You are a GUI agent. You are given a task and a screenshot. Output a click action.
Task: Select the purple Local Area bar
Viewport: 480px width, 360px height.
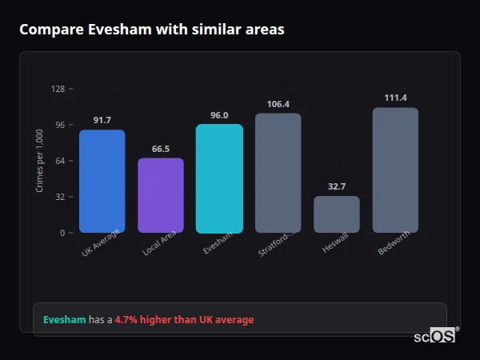click(x=161, y=195)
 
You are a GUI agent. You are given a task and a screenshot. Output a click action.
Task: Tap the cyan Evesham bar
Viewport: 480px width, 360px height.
click(x=219, y=178)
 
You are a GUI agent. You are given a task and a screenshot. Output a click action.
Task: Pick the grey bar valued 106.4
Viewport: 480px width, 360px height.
click(x=278, y=173)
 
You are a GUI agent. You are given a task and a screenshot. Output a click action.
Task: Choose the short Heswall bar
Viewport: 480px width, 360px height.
click(x=337, y=214)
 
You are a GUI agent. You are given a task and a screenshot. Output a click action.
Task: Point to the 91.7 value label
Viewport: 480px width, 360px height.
click(x=102, y=120)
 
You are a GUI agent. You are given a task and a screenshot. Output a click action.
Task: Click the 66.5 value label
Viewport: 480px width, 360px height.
click(x=161, y=149)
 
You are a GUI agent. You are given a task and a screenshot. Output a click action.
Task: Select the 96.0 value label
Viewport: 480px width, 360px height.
click(x=219, y=115)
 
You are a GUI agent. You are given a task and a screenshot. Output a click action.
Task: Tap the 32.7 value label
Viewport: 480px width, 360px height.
click(x=337, y=186)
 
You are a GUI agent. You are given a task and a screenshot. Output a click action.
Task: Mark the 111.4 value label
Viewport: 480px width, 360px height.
click(x=395, y=98)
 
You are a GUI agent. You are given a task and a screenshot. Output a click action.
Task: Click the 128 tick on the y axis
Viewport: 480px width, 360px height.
click(x=58, y=89)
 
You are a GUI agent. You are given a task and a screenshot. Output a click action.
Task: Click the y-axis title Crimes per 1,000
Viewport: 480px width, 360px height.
click(x=40, y=160)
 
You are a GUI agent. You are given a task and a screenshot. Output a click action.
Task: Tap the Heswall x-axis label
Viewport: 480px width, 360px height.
click(x=335, y=244)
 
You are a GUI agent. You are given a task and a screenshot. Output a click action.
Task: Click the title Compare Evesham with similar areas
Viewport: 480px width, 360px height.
click(x=152, y=30)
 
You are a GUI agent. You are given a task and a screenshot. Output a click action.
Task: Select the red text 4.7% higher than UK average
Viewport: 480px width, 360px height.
click(x=184, y=320)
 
